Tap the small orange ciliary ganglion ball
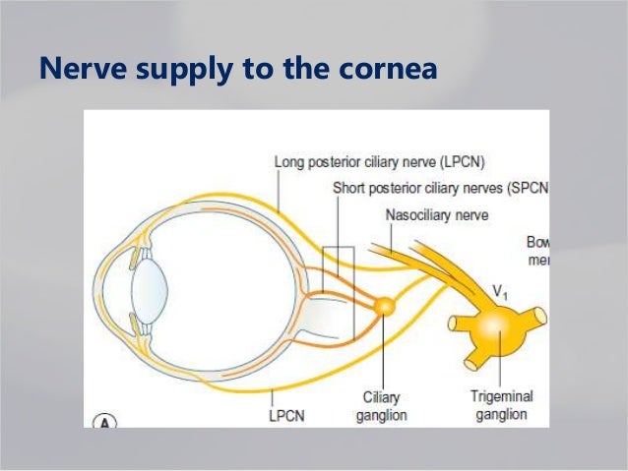click(x=385, y=307)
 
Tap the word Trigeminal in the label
click(x=503, y=396)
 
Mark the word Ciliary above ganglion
click(x=381, y=396)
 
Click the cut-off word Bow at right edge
click(x=537, y=241)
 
